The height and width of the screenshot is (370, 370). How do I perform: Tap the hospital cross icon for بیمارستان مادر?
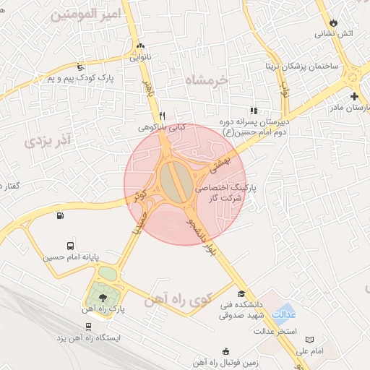point(354,96)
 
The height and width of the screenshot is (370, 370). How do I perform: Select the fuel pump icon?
point(59,215)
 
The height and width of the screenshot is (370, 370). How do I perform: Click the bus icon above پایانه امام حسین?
point(69,246)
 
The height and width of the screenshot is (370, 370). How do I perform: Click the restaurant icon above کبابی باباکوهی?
point(163,116)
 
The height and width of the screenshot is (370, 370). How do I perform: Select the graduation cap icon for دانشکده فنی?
point(241,294)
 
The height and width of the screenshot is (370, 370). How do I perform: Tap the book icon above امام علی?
point(310,339)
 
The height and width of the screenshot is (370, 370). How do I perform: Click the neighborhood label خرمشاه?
point(206,80)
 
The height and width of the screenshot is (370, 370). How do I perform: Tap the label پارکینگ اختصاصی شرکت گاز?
point(219,191)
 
